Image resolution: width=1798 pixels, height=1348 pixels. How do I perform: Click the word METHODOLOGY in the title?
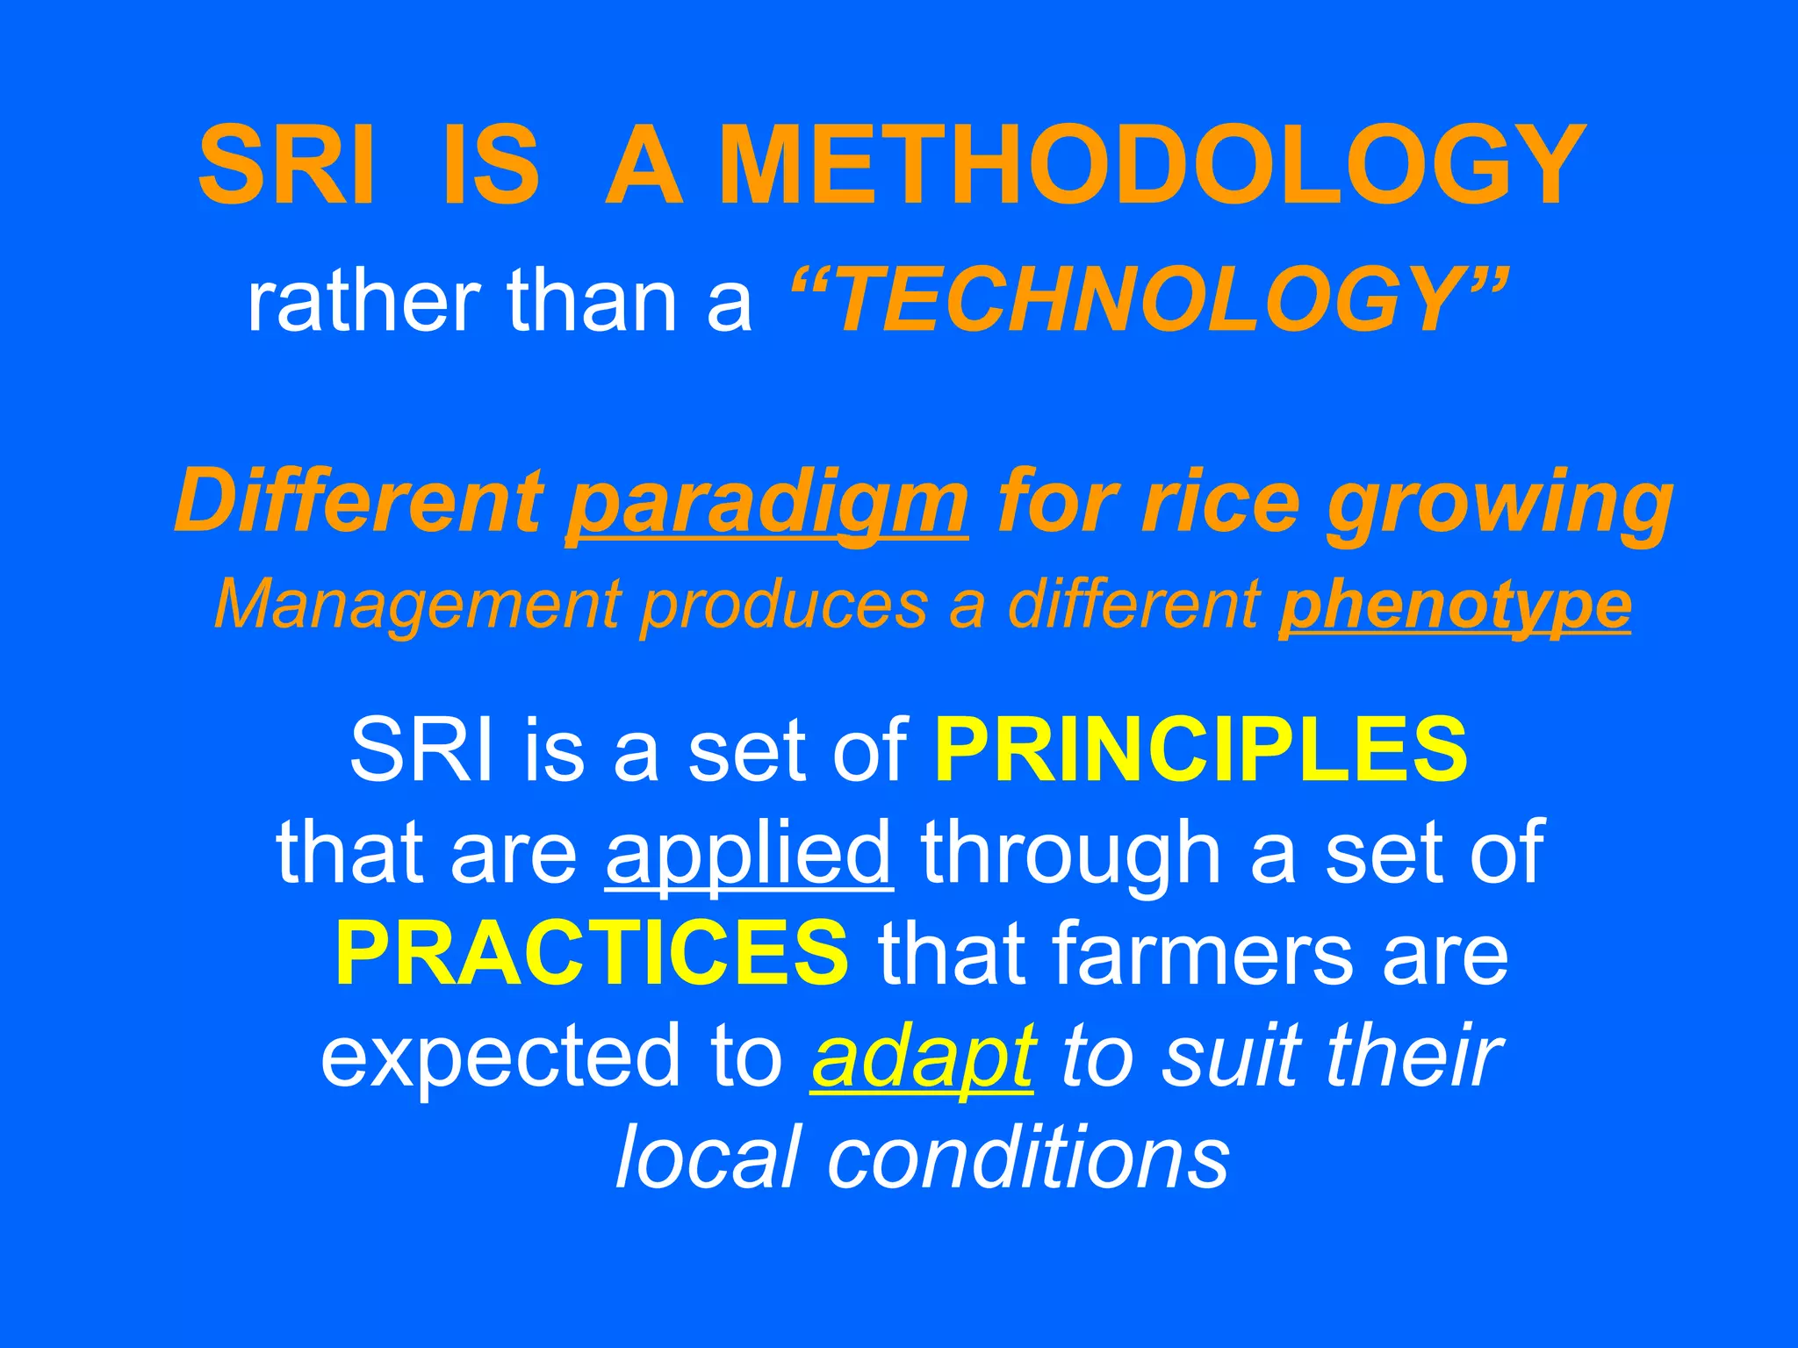(x=1152, y=165)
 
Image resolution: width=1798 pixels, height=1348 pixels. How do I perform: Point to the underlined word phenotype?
(x=1455, y=605)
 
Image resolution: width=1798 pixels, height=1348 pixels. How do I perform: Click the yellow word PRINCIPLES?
(x=1201, y=749)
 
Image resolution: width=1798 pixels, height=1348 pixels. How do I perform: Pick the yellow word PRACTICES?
(x=592, y=953)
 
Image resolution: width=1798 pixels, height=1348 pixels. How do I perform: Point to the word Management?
(x=418, y=605)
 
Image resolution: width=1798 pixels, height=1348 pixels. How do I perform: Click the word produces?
(x=784, y=605)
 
